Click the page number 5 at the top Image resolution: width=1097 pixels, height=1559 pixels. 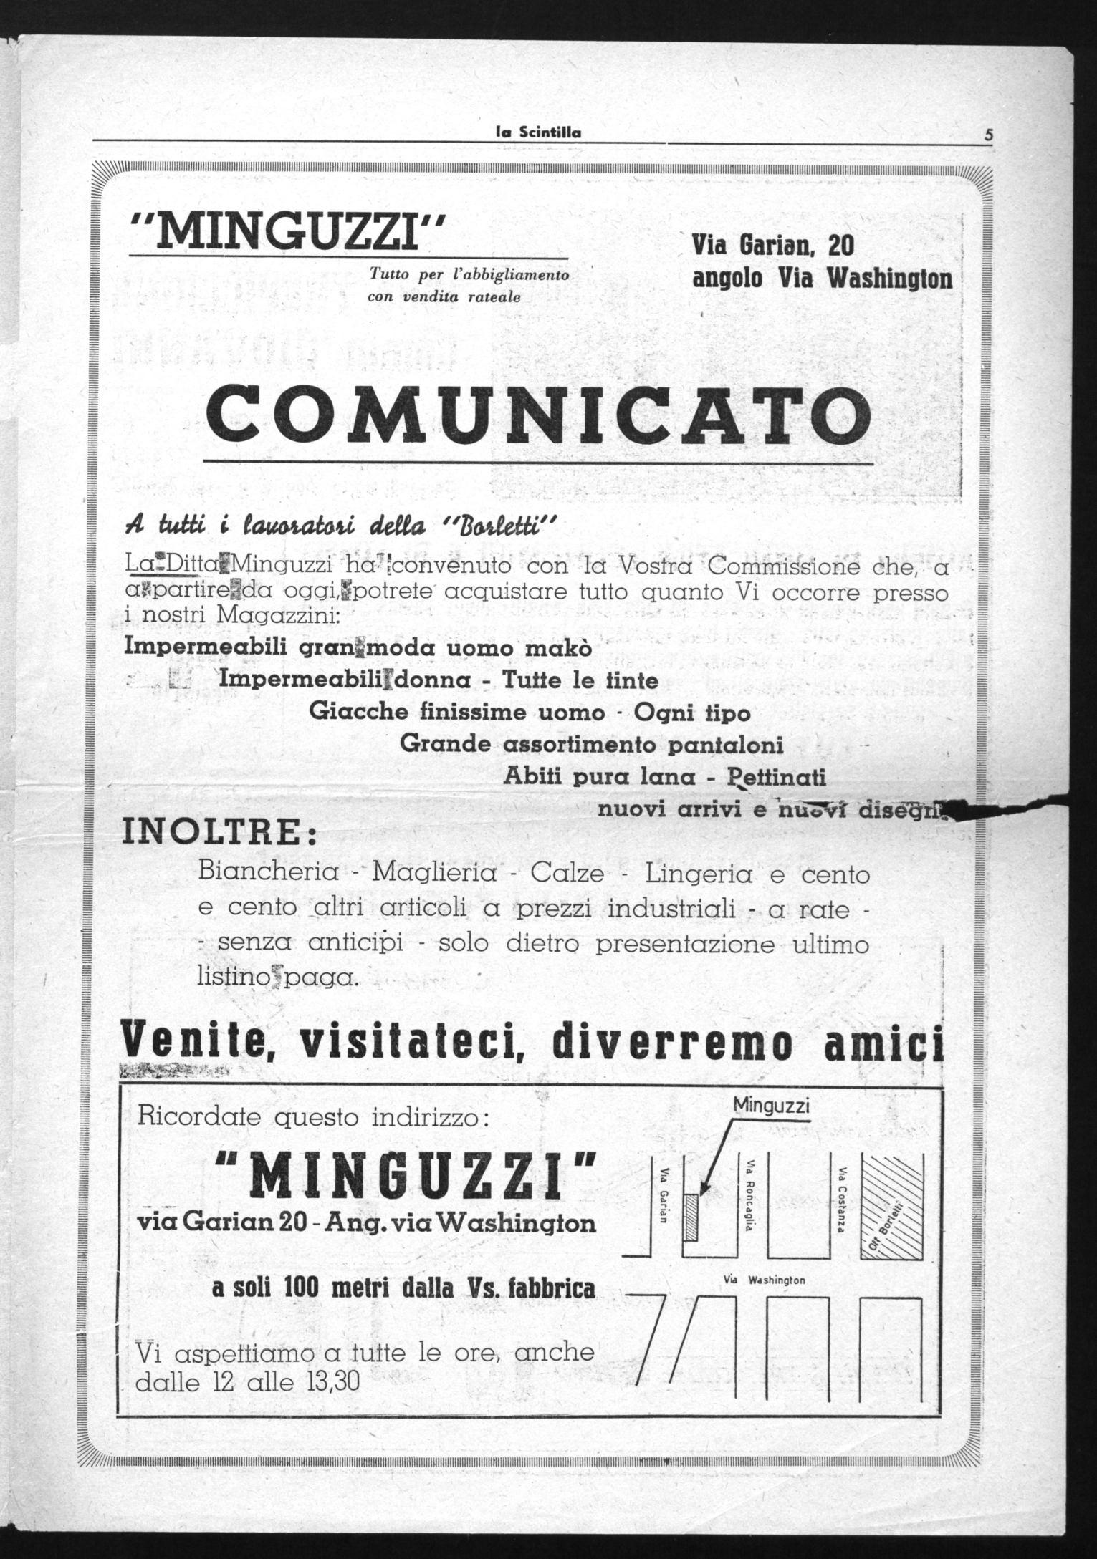pos(989,134)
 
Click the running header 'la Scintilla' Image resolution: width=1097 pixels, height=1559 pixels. pos(539,132)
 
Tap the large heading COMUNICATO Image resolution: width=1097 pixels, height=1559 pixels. pos(538,416)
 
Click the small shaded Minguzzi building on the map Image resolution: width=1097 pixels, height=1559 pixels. pos(691,1217)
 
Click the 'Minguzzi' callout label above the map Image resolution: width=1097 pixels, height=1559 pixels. pos(771,1106)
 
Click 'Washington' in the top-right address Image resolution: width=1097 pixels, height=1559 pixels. pos(890,279)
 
